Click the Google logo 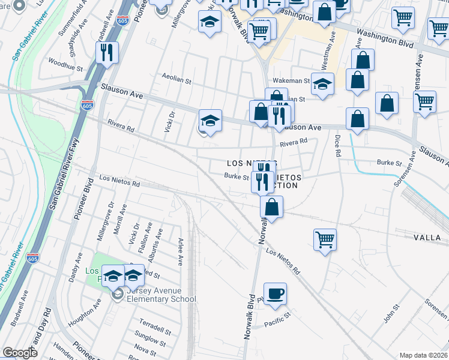[20, 353]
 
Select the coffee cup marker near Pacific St [275, 294]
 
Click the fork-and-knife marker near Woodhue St [107, 53]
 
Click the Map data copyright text [423, 355]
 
